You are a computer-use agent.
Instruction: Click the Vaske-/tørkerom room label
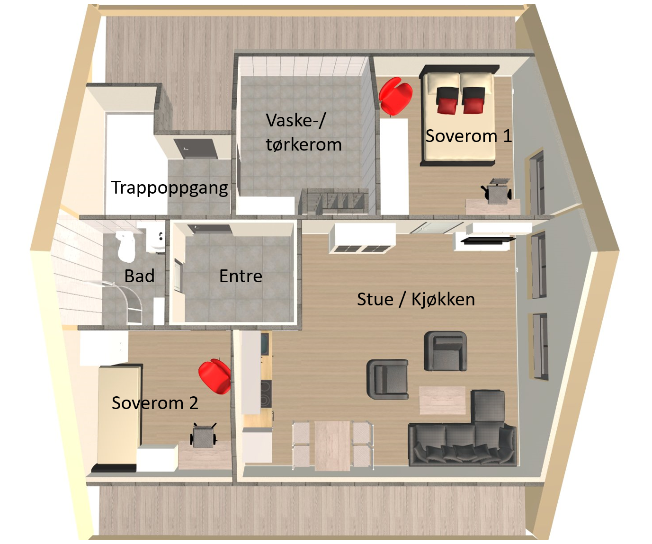click(304, 132)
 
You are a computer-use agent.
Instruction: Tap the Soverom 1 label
click(468, 136)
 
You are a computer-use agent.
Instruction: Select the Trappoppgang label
click(170, 187)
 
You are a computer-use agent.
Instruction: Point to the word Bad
click(139, 276)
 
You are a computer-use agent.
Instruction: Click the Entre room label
click(241, 276)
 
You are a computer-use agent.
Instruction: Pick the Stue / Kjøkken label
click(416, 299)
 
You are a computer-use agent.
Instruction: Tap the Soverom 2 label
click(155, 403)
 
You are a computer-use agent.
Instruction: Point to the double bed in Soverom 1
click(459, 118)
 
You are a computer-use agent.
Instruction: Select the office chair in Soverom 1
click(497, 192)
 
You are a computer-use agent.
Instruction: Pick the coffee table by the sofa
click(442, 400)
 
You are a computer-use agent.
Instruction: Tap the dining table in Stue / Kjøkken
click(332, 445)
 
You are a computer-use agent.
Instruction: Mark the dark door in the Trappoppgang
click(196, 149)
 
